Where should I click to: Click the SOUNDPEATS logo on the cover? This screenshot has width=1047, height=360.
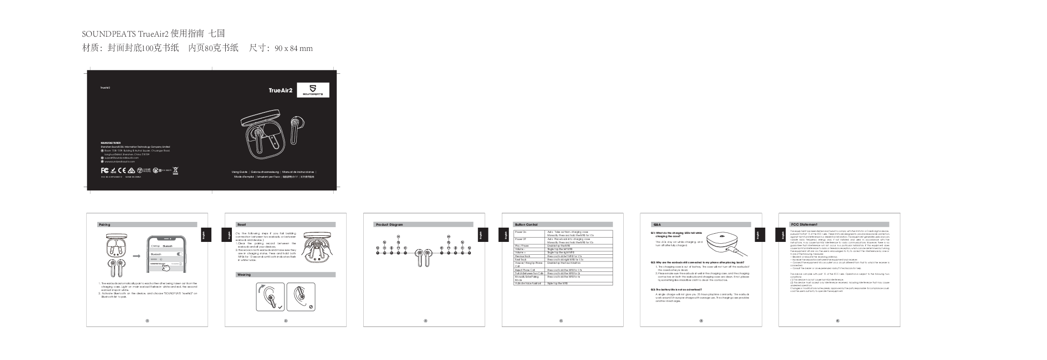pos(313,90)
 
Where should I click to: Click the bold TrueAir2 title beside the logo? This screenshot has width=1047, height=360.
pos(280,90)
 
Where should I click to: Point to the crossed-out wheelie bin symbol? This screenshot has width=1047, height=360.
pos(175,170)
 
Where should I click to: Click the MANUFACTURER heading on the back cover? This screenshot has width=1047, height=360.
pos(111,142)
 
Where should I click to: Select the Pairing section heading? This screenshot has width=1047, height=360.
pos(104,224)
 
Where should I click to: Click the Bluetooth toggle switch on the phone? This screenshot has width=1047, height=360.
pos(180,254)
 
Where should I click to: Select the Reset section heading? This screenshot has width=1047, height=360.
pos(241,224)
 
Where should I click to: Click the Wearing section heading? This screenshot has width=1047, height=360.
pos(244,275)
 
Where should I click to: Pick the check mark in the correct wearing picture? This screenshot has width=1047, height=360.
pos(280,307)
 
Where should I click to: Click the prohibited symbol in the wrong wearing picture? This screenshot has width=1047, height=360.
pos(310,307)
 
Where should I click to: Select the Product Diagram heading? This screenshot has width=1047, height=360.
pos(389,224)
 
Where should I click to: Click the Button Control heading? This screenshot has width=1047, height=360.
pos(526,224)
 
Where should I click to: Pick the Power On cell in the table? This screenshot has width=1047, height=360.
pos(521,232)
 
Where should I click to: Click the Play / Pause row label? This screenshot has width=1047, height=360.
pos(522,246)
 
